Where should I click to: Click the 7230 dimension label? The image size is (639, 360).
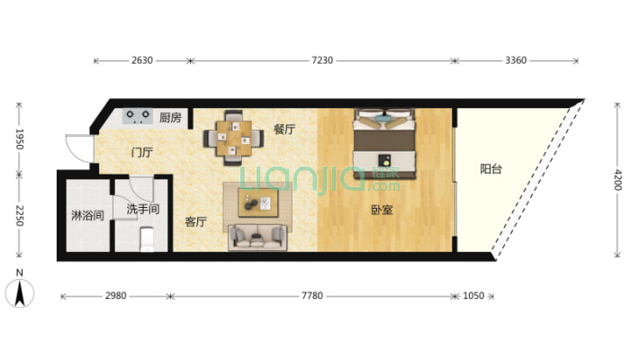coord(322,60)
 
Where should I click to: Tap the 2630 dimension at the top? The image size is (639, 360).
coord(142,60)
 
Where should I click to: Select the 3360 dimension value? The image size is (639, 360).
coord(516,60)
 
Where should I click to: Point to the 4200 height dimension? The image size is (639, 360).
coord(617,180)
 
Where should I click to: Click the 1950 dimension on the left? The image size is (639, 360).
coord(20,139)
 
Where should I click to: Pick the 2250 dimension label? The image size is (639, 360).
coord(20,216)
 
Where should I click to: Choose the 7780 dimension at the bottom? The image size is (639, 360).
coord(312,295)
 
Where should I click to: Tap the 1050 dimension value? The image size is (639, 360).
coord(473,295)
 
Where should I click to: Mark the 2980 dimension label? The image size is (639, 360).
coord(116,295)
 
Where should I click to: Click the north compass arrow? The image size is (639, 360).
coord(20,293)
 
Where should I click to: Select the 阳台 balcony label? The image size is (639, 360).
coord(490,169)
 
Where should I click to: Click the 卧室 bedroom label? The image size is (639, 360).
coord(382,210)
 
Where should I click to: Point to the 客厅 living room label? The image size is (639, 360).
coord(195,221)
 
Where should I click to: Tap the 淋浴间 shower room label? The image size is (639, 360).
coord(87,215)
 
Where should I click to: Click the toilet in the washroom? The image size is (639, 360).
coord(147,238)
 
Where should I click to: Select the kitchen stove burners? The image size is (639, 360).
coord(138,116)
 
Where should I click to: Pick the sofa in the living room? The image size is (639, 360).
coord(257,237)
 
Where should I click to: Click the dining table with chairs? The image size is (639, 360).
coord(233,138)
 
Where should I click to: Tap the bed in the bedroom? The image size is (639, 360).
coord(384,143)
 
